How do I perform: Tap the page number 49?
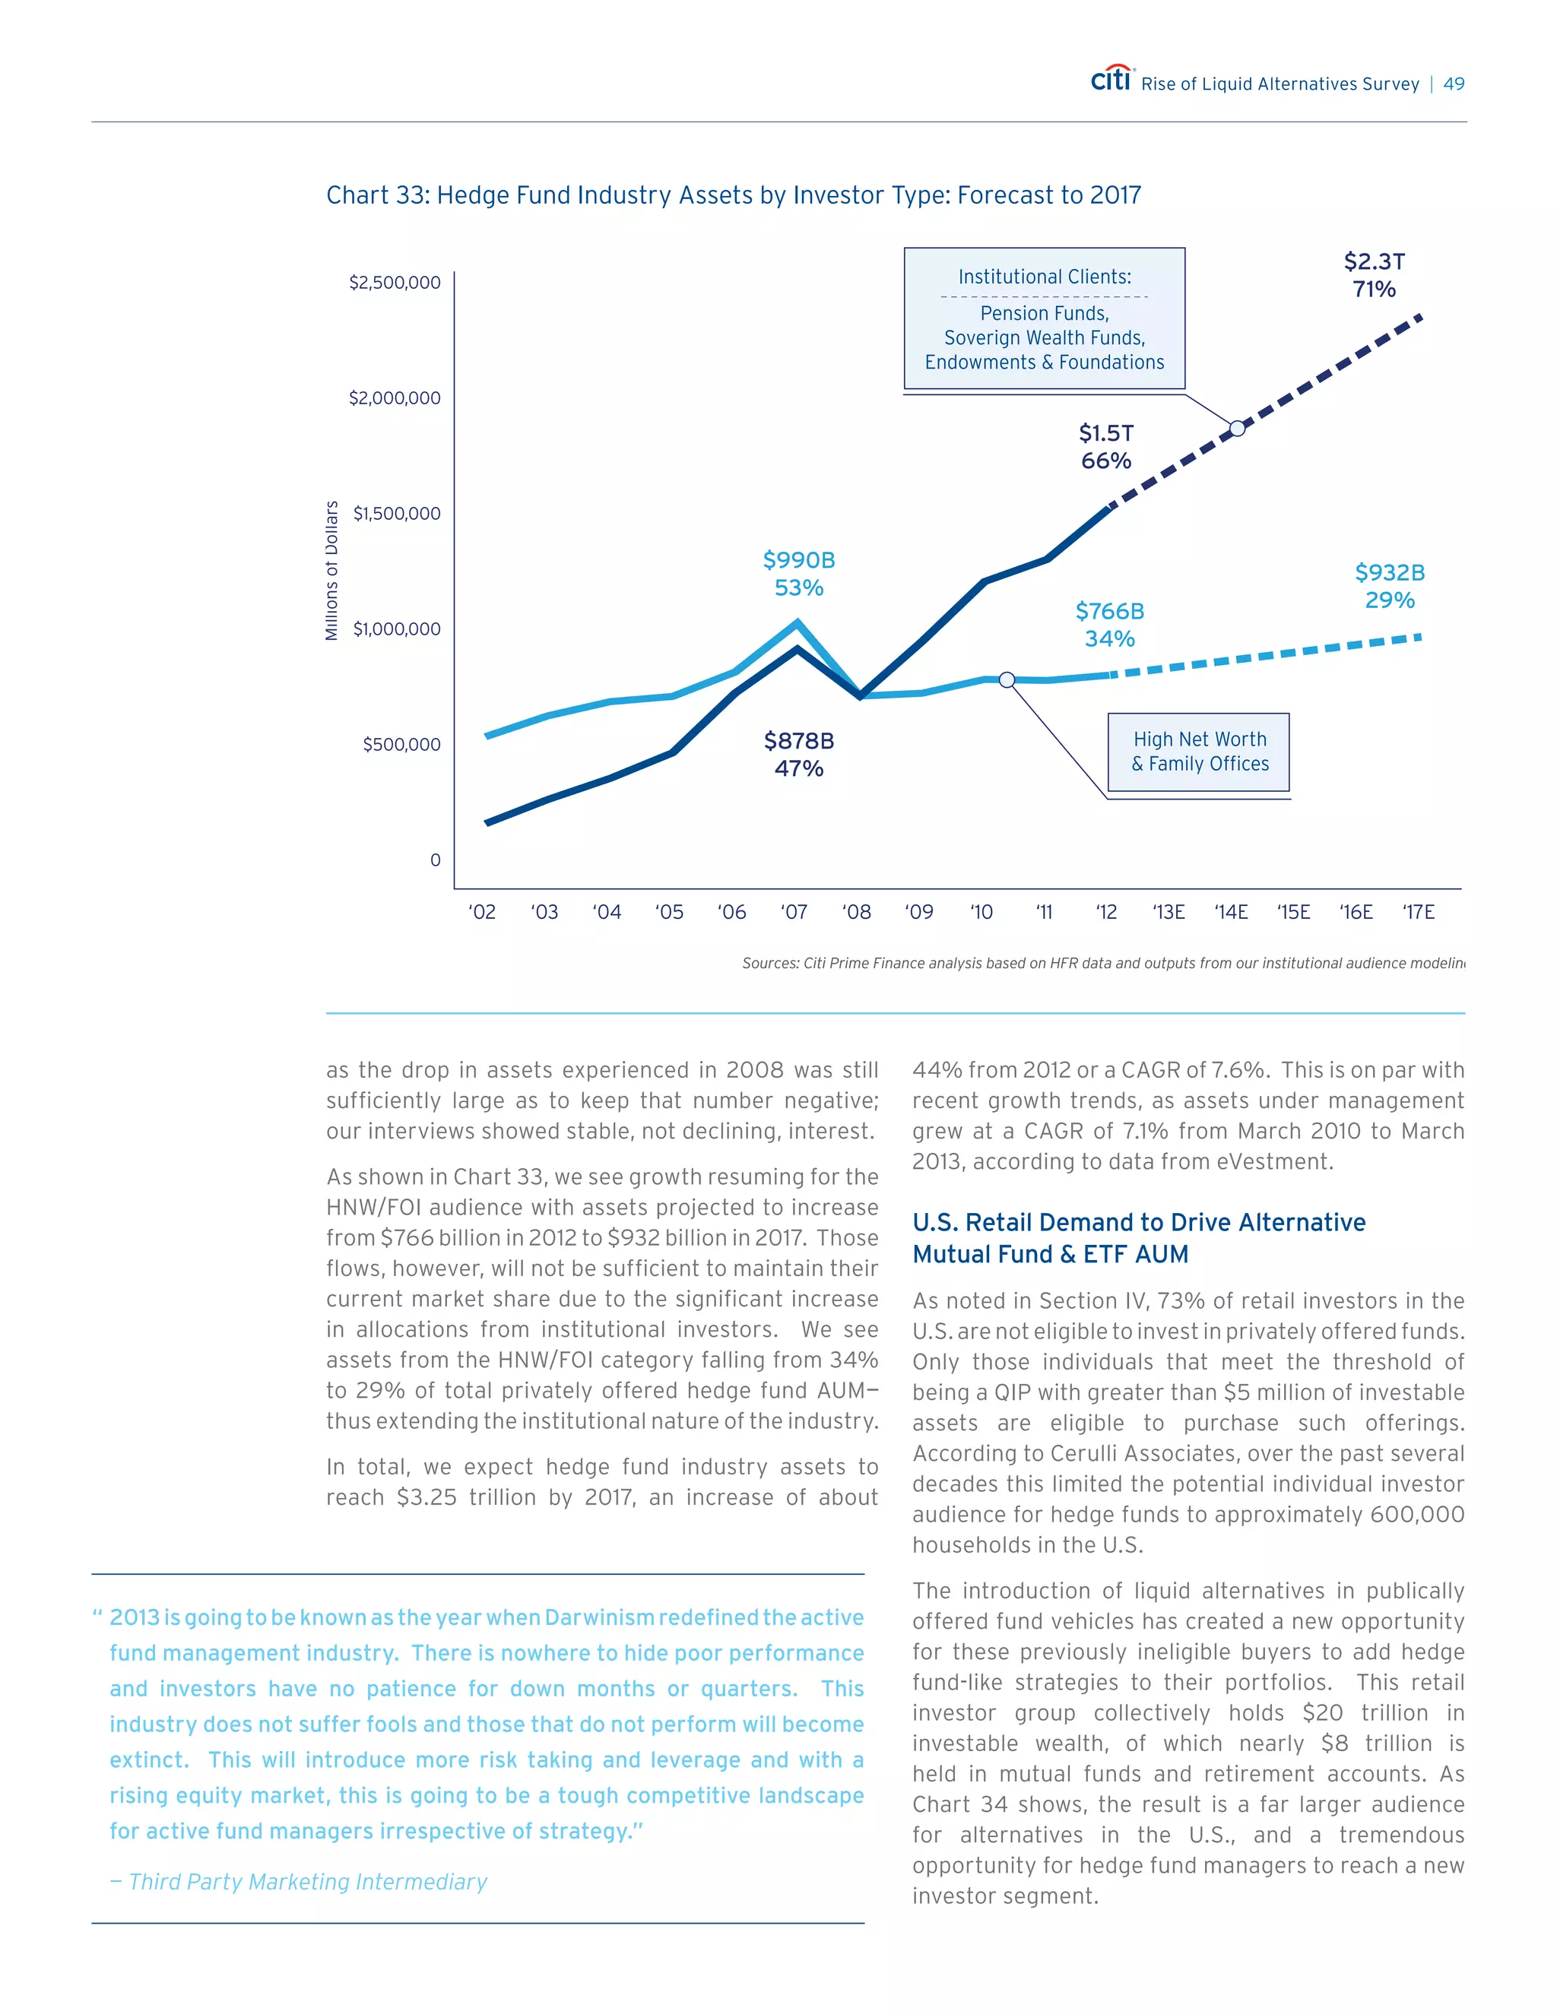[x=1454, y=84]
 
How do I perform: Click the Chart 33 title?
[x=734, y=195]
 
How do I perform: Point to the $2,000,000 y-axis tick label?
[x=394, y=398]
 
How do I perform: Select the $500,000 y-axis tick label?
[x=401, y=744]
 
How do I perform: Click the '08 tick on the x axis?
[x=856, y=912]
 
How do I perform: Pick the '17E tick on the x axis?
[x=1418, y=912]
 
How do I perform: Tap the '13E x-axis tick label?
[x=1168, y=912]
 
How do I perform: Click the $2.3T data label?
[x=1374, y=262]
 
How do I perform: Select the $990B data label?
[x=799, y=561]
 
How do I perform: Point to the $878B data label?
[x=799, y=742]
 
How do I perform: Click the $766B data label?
[x=1110, y=611]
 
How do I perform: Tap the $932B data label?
[x=1389, y=573]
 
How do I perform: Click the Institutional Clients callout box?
[x=1044, y=318]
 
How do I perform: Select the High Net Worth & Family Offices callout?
[x=1199, y=752]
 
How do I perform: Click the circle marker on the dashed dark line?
[x=1237, y=428]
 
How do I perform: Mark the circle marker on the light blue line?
[x=1007, y=679]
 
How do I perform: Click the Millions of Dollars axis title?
[x=332, y=571]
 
